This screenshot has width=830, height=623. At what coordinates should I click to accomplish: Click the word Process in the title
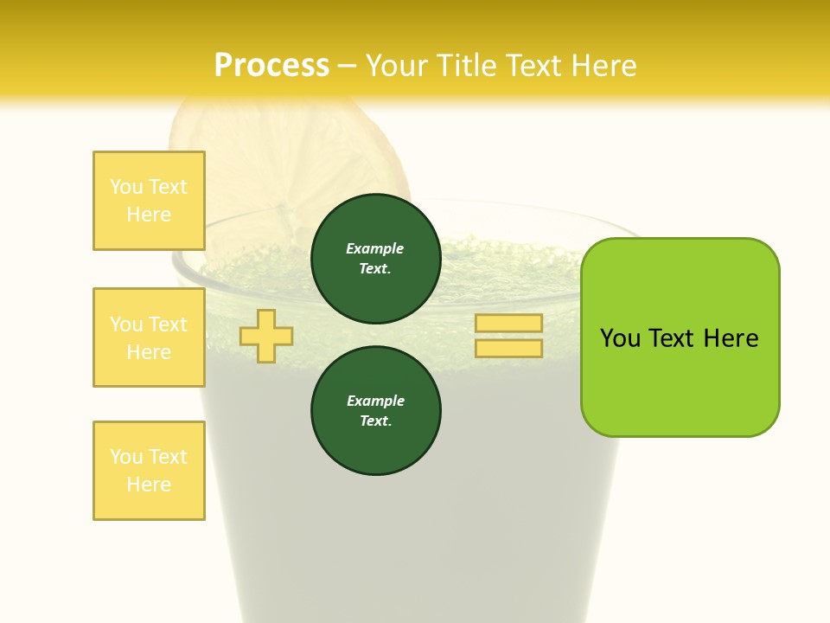[271, 65]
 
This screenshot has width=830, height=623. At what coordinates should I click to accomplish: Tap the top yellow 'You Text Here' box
[149, 201]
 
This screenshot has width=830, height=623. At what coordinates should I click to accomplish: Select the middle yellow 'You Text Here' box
[149, 337]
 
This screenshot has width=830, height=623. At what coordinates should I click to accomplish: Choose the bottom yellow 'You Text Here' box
[149, 471]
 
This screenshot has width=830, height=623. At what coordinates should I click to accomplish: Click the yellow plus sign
[266, 336]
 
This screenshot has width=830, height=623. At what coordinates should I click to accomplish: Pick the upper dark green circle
[375, 258]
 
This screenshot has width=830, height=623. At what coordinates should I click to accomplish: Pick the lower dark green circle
[375, 410]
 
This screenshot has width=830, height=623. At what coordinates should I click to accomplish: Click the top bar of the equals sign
[508, 323]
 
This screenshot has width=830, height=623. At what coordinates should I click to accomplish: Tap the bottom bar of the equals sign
[508, 348]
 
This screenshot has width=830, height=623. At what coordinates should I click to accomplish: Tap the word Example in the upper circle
[375, 248]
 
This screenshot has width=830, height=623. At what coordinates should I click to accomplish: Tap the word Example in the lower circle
[375, 401]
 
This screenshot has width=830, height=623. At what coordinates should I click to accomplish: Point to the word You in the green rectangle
[621, 338]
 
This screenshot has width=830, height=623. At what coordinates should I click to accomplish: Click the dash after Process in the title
[347, 66]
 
